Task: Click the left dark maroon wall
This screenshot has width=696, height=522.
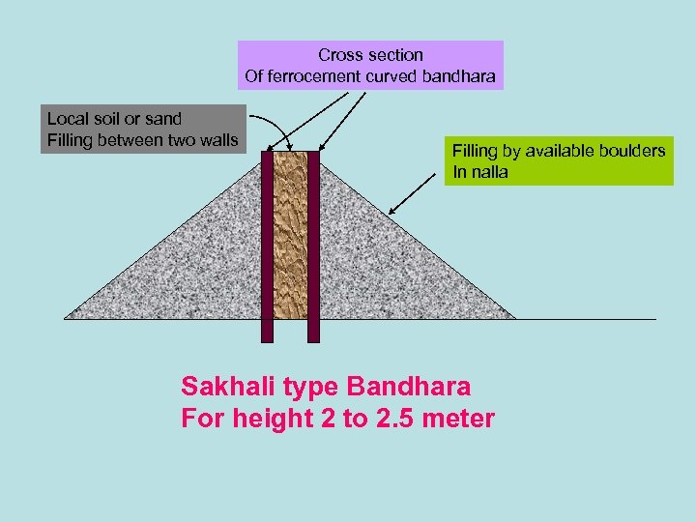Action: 268,246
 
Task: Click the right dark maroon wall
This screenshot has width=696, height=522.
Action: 313,246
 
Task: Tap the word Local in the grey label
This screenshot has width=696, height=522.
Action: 68,119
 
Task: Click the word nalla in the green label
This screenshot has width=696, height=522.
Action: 489,173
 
